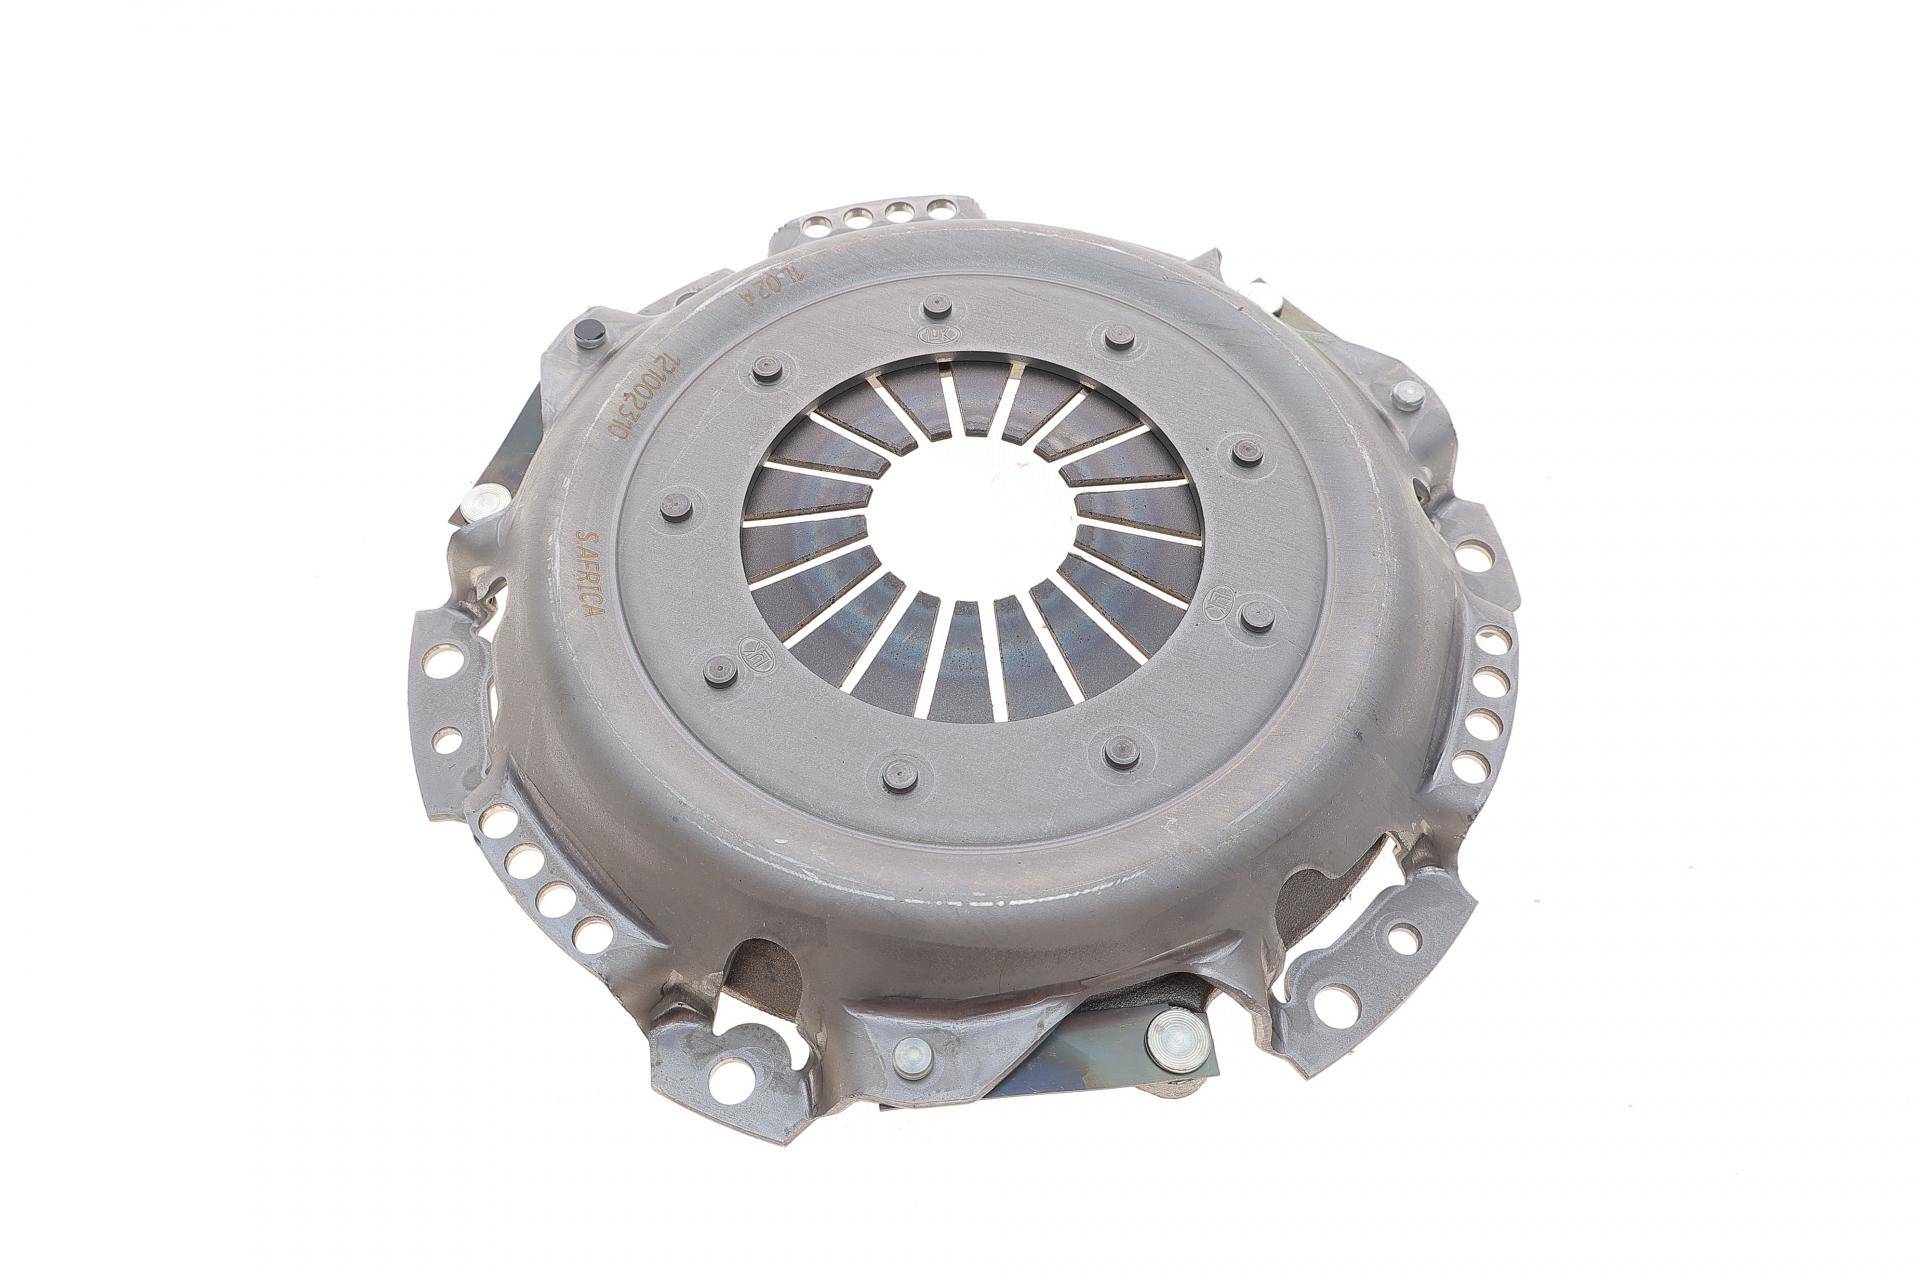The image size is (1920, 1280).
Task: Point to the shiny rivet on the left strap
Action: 489,500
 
